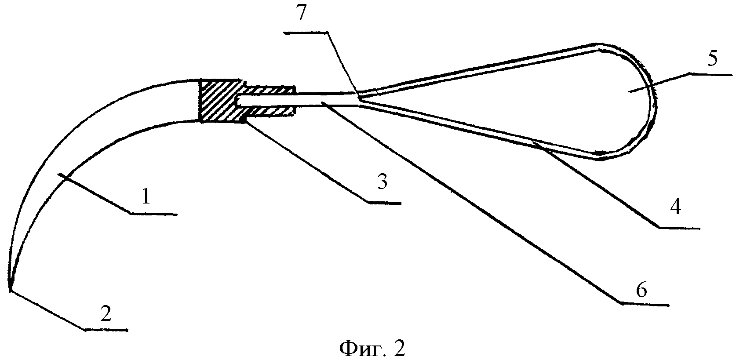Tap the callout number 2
pos(106,314)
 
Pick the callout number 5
pos(711,58)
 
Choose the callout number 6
pos(642,290)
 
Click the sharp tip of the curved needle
pos(9,288)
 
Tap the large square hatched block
pos(217,101)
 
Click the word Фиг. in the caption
pos(357,349)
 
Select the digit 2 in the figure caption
pos(398,349)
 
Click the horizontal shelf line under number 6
pos(644,304)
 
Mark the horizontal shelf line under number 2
pos(106,329)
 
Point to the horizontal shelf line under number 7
pos(306,32)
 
